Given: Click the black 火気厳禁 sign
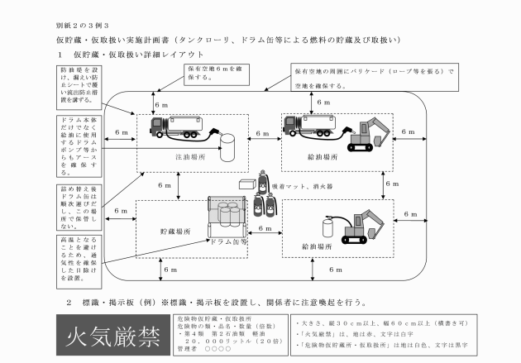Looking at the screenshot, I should (x=112, y=337).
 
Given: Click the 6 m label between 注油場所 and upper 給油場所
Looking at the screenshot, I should (x=264, y=133).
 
